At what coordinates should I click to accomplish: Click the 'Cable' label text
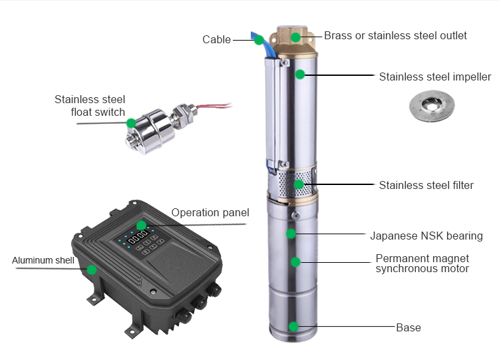tap(216, 40)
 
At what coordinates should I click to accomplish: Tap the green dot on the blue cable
tap(259, 40)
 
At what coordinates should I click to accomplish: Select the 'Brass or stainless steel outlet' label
tap(395, 35)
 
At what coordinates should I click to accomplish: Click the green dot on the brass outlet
tap(295, 37)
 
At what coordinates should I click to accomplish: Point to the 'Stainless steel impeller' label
tap(434, 77)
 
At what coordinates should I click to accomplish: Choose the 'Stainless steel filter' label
tap(426, 185)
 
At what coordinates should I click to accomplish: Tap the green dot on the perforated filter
tap(299, 184)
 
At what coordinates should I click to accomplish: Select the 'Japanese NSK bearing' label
tap(426, 236)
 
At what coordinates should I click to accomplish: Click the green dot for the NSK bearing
tap(291, 234)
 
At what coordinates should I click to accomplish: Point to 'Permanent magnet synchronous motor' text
tap(422, 264)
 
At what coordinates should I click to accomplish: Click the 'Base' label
tap(408, 327)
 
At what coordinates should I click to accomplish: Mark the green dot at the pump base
tap(293, 326)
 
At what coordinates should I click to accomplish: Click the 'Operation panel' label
tap(210, 213)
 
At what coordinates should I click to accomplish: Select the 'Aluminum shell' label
tap(43, 260)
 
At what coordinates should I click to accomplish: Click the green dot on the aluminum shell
tap(92, 270)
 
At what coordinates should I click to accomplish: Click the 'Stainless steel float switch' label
tap(90, 106)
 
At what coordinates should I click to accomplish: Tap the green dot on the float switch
tap(131, 122)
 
